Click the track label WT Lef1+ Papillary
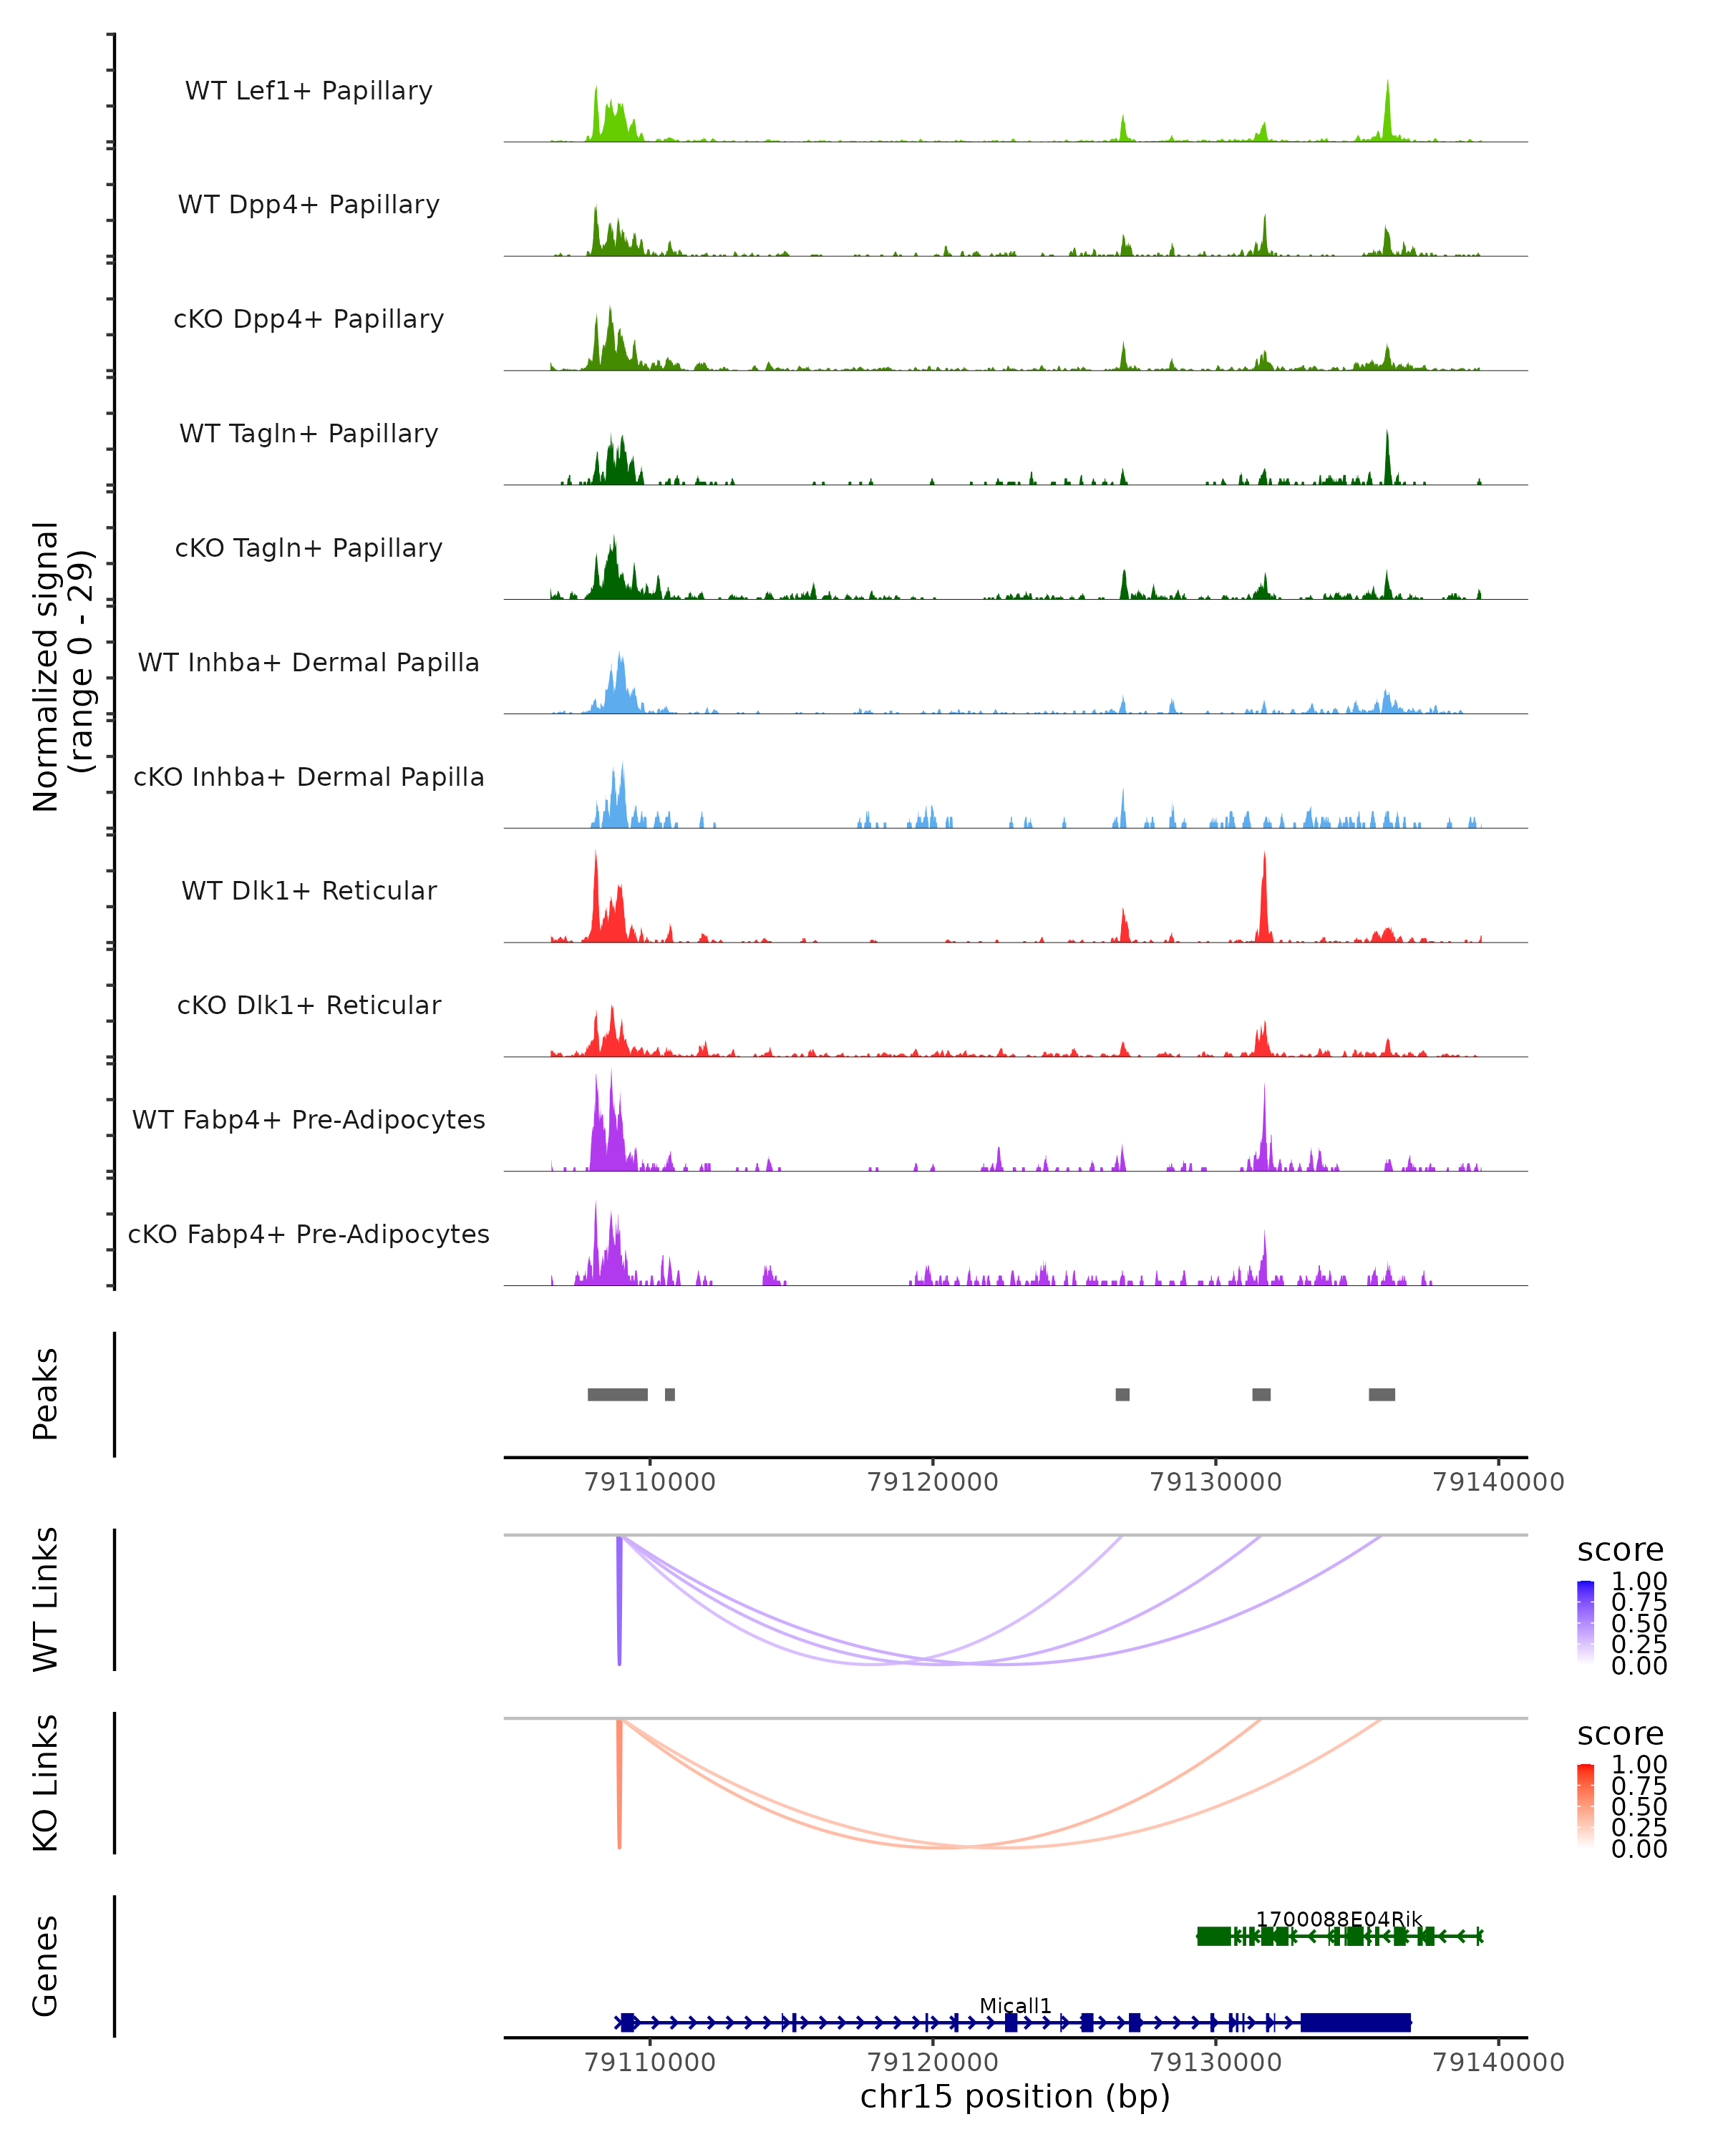pos(309,91)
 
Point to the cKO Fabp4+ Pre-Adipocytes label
pos(309,1234)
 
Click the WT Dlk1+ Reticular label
pos(309,890)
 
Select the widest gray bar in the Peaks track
pos(618,1394)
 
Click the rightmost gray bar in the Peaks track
pos(1382,1394)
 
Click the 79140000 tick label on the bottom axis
pos(1498,2061)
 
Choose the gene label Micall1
pos(1015,2005)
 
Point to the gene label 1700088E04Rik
pos(1338,1919)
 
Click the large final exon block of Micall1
pos(1356,2022)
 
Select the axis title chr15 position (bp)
pos(1015,2097)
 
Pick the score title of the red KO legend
pos(1621,1734)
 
